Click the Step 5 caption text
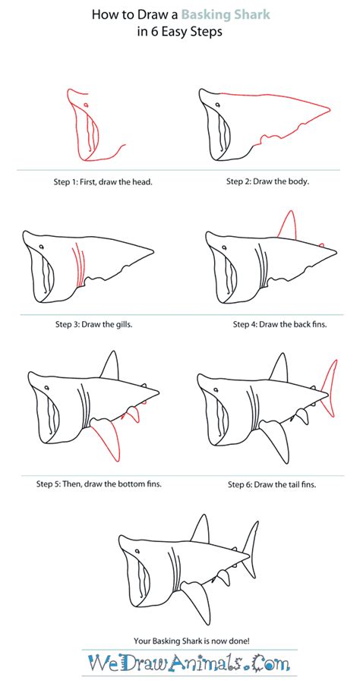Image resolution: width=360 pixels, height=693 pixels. click(99, 483)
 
